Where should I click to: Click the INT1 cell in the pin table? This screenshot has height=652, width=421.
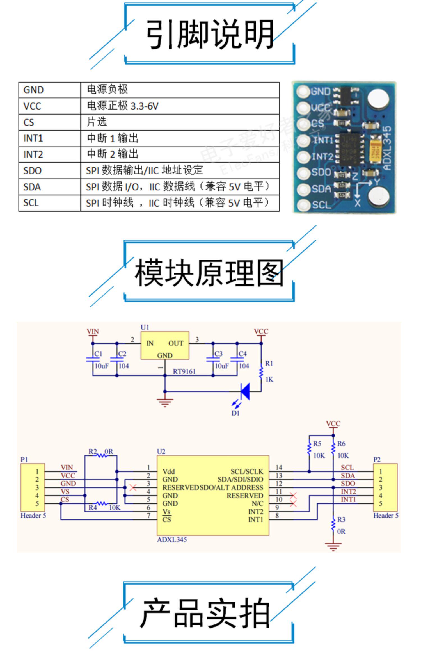(x=33, y=138)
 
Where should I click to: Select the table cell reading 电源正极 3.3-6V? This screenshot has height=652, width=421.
(x=123, y=106)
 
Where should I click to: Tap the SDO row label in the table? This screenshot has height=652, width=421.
(x=33, y=171)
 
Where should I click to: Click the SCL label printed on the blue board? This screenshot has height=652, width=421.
(x=322, y=205)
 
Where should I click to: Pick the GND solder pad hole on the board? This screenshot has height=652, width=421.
(x=303, y=91)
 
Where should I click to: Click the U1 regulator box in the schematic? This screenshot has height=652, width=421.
(x=165, y=345)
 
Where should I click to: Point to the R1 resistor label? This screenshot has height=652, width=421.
(x=269, y=364)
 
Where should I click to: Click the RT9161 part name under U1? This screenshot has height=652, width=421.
(x=184, y=372)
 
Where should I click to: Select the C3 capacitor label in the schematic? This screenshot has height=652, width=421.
(x=218, y=354)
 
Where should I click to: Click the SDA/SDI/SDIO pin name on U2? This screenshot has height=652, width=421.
(x=240, y=480)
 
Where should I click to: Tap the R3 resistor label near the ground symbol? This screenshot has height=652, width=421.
(x=341, y=520)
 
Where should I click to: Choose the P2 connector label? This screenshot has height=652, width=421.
(x=377, y=460)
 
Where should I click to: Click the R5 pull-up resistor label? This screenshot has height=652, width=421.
(x=317, y=444)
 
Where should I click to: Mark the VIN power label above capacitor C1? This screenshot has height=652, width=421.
(x=93, y=331)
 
